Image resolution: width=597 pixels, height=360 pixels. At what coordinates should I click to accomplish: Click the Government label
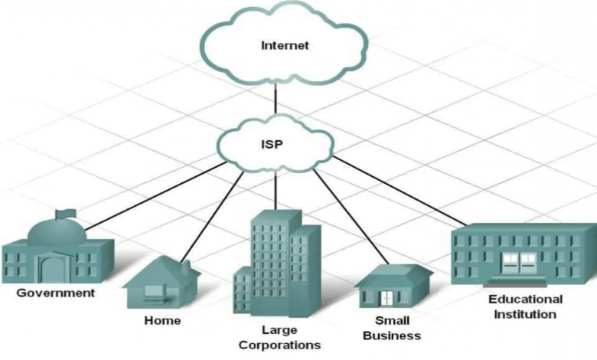(56, 293)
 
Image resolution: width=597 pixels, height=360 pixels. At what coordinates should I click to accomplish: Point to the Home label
(162, 320)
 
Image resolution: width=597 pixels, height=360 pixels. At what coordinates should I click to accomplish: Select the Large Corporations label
(279, 337)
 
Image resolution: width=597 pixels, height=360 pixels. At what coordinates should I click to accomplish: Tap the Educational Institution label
(525, 306)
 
